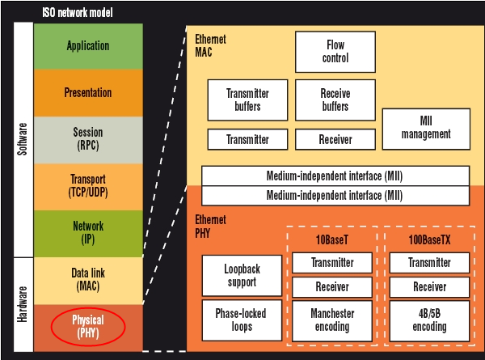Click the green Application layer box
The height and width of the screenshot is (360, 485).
pyautogui.click(x=88, y=46)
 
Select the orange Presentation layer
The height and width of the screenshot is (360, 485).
pyautogui.click(x=88, y=93)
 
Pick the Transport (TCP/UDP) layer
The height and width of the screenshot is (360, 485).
pyautogui.click(x=88, y=186)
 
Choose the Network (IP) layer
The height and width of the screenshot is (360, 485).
pyautogui.click(x=88, y=233)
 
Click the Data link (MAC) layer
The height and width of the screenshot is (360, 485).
pyautogui.click(x=88, y=280)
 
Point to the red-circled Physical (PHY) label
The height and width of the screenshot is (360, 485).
pyautogui.click(x=88, y=327)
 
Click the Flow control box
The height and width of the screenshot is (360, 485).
pyautogui.click(x=335, y=52)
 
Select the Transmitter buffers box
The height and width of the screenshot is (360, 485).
pyautogui.click(x=248, y=100)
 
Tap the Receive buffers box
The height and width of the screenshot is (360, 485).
pyautogui.click(x=335, y=100)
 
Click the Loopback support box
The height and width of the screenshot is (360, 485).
pyautogui.click(x=242, y=276)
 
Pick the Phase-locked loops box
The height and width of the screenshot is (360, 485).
pyautogui.click(x=242, y=320)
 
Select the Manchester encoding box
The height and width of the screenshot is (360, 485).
pyautogui.click(x=332, y=320)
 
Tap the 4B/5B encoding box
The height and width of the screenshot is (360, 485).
pyautogui.click(x=429, y=320)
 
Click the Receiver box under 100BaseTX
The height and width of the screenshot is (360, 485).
pyautogui.click(x=429, y=287)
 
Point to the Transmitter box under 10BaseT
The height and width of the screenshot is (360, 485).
pyautogui.click(x=332, y=263)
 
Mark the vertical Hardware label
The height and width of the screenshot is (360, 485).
pyautogui.click(x=23, y=304)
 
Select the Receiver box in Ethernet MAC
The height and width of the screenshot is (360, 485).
pyautogui.click(x=335, y=140)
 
